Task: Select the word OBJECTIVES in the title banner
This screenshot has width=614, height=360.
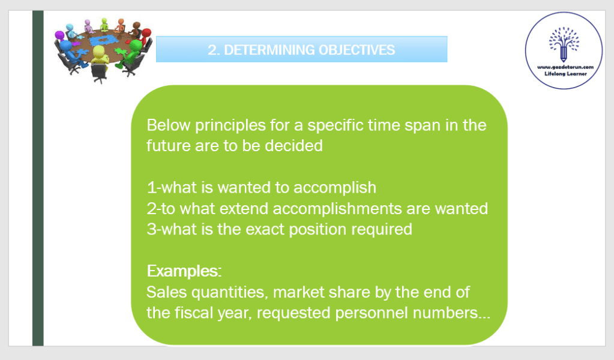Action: click(357, 50)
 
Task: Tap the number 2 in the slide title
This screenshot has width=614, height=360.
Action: click(212, 50)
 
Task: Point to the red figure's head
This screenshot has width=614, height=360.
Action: click(146, 33)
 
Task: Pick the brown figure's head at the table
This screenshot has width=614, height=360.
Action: click(137, 25)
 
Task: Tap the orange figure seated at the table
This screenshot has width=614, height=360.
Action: click(121, 25)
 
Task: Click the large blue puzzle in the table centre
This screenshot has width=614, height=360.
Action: click(103, 40)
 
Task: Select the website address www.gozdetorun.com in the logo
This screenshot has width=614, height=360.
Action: click(565, 67)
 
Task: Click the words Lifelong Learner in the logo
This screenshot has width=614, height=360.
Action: click(565, 74)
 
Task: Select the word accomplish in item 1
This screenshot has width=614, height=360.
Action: click(335, 188)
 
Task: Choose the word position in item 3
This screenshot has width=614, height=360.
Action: click(318, 230)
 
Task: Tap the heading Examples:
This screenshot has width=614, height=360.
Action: click(184, 271)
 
